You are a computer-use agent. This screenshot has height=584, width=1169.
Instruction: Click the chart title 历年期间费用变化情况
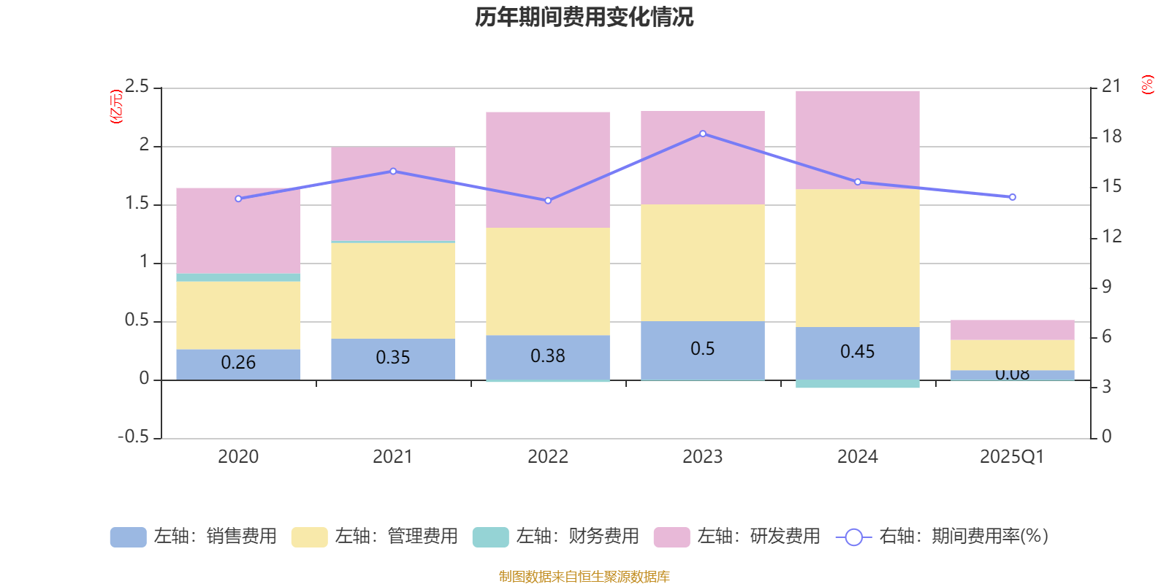point(584,17)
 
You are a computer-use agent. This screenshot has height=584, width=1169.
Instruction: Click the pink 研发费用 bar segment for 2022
point(547,169)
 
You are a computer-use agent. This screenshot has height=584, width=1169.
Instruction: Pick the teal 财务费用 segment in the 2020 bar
point(238,277)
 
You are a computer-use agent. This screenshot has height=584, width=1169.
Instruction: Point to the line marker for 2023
point(702,134)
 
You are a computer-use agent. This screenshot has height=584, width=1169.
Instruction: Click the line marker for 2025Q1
point(1012,197)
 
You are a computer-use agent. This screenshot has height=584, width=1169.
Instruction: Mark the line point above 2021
point(393,172)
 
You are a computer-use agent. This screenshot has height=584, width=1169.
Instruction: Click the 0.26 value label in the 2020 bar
point(238,363)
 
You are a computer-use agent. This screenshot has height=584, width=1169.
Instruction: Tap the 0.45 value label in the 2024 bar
point(857,352)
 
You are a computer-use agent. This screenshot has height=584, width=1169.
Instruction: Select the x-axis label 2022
point(547,457)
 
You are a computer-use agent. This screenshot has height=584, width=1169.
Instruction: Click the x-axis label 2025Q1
point(1012,457)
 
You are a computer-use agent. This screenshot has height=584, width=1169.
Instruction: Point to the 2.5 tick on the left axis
point(137,87)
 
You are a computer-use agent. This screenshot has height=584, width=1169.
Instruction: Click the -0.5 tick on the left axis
point(133,437)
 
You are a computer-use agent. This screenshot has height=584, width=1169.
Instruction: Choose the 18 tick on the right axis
point(1112,137)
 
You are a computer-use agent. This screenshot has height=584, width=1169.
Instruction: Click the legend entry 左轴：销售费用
point(194,537)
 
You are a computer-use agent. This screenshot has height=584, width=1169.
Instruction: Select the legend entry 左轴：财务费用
point(556,537)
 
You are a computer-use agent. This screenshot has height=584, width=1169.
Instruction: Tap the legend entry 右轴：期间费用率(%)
point(943,537)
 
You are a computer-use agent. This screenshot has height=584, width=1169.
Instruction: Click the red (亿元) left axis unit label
point(115,107)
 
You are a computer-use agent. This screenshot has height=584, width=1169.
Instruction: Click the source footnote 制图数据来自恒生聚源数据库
point(584,577)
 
